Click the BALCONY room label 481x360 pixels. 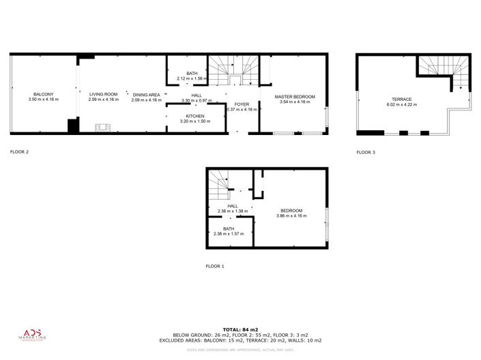point(43,95)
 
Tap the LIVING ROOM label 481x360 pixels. point(103,95)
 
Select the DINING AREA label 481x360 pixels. point(146,95)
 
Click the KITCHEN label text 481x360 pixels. point(195,116)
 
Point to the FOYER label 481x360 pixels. point(242,104)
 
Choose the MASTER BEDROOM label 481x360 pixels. point(295,97)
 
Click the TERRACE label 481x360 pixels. point(401,99)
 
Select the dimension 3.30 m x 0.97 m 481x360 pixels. point(196,101)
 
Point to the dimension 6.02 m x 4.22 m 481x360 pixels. point(401,104)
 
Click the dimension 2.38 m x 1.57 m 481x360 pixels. point(228,234)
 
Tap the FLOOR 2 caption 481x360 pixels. point(19,152)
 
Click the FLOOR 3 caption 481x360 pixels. point(366,152)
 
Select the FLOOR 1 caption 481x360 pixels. point(215,266)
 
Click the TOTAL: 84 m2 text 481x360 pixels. point(240,330)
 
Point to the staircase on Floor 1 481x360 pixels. point(219,184)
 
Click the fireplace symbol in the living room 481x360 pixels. point(102,127)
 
